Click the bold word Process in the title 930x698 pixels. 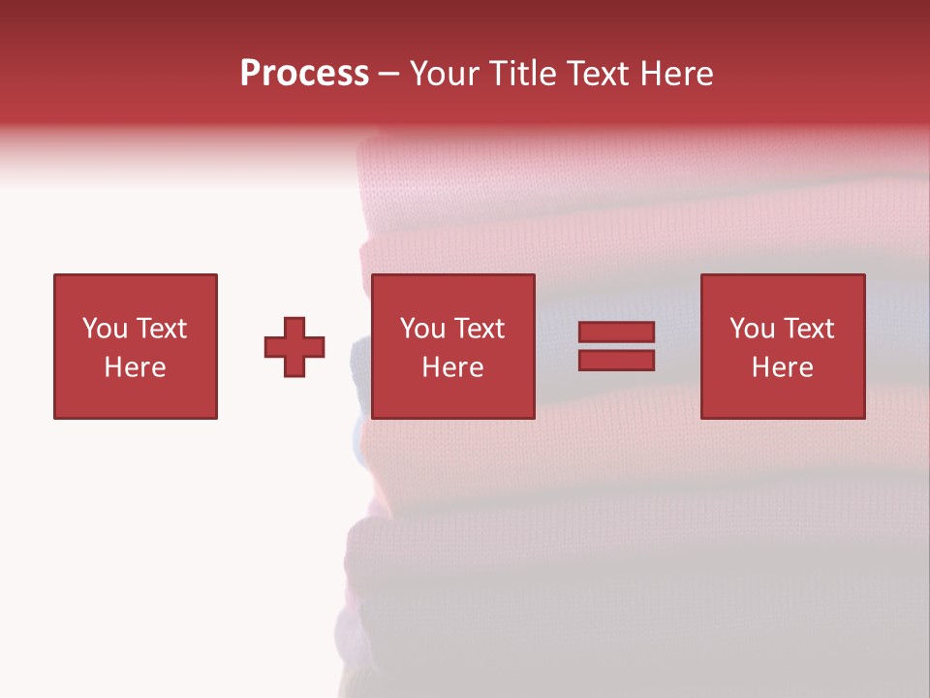point(304,74)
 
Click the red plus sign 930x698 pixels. point(294,347)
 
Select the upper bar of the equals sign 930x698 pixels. point(616,333)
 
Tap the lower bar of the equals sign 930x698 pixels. point(616,361)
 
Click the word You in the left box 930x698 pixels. point(105,329)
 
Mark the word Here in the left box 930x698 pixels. point(135,367)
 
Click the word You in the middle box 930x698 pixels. point(422,329)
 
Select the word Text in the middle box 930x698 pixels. point(478,329)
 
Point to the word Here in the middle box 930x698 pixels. point(452,367)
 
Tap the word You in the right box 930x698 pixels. point(752,329)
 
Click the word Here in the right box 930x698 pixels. point(782,367)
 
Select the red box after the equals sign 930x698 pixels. point(783,397)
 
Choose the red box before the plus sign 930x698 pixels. point(136,397)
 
